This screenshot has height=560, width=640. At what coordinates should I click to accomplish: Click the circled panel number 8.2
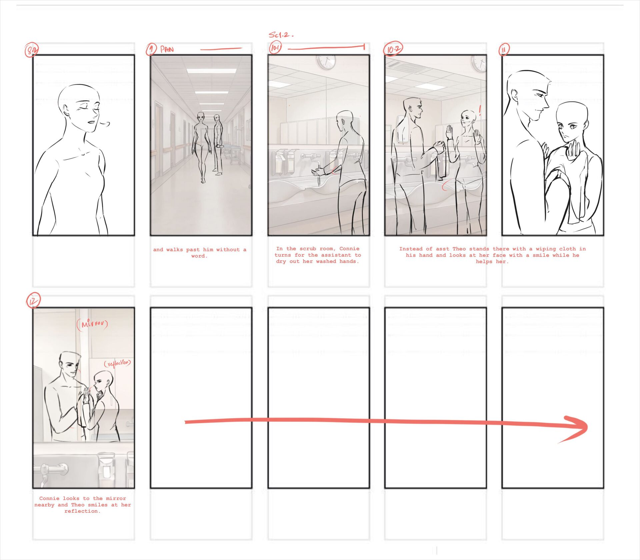(x=32, y=50)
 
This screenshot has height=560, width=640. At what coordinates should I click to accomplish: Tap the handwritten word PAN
(x=167, y=49)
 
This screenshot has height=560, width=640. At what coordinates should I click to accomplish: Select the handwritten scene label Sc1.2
(x=281, y=35)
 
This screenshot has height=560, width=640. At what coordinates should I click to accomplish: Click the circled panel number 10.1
(x=275, y=48)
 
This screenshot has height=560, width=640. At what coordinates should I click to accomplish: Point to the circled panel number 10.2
(x=393, y=49)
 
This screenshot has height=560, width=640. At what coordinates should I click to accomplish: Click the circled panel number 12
(x=33, y=301)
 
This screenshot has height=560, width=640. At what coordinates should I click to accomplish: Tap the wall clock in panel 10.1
(x=326, y=62)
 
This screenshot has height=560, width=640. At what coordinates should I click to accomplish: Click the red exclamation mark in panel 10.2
(x=480, y=110)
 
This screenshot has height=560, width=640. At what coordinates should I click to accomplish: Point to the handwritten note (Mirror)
(x=92, y=324)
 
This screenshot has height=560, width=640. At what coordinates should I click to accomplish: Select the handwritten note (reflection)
(x=117, y=363)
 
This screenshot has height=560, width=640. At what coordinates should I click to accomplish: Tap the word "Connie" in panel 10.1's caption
(x=349, y=249)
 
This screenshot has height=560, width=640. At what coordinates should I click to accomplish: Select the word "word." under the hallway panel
(x=199, y=256)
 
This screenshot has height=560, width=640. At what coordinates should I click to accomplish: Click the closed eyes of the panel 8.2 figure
(x=88, y=109)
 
